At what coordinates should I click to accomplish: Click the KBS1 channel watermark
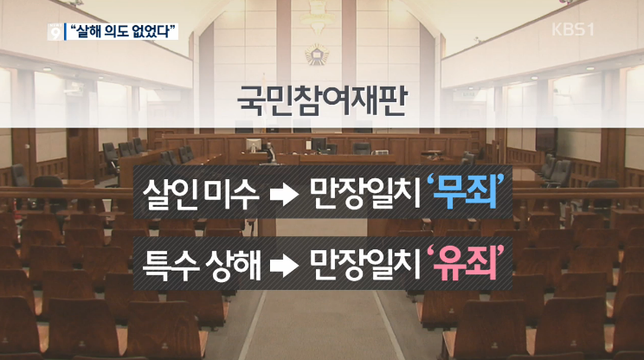click(572, 29)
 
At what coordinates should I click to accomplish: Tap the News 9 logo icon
click(55, 32)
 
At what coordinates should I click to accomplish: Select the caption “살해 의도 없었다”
click(121, 32)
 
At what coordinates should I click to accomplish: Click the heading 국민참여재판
click(322, 100)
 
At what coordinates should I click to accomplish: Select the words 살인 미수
click(201, 193)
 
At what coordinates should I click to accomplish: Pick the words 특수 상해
click(201, 264)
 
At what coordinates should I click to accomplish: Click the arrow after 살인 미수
click(284, 194)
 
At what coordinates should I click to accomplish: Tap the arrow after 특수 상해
click(284, 266)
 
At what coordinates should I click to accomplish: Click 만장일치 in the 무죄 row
click(365, 193)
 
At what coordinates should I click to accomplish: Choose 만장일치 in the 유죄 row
click(365, 264)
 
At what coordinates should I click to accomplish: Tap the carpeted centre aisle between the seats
click(320, 325)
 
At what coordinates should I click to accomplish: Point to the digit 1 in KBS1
click(589, 29)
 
